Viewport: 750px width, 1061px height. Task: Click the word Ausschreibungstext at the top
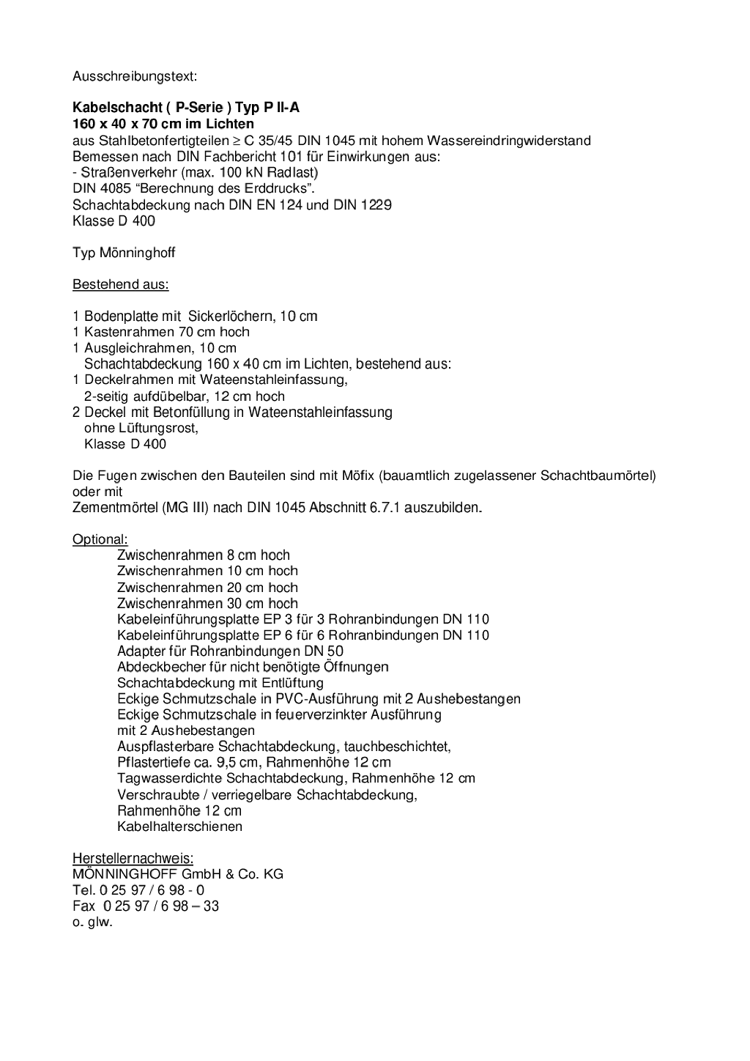coord(135,76)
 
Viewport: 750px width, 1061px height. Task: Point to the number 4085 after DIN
coord(114,188)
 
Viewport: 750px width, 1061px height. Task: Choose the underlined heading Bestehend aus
coord(120,284)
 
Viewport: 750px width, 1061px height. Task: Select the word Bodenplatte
coord(121,317)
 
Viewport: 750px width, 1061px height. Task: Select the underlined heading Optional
coord(100,539)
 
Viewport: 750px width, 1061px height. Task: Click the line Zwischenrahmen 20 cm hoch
coord(207,587)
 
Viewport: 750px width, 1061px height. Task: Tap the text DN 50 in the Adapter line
coord(325,651)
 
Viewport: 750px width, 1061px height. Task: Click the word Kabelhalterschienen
coord(179,827)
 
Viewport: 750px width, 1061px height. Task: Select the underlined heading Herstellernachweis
coord(133,858)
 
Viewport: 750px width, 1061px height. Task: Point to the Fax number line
coord(146,906)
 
